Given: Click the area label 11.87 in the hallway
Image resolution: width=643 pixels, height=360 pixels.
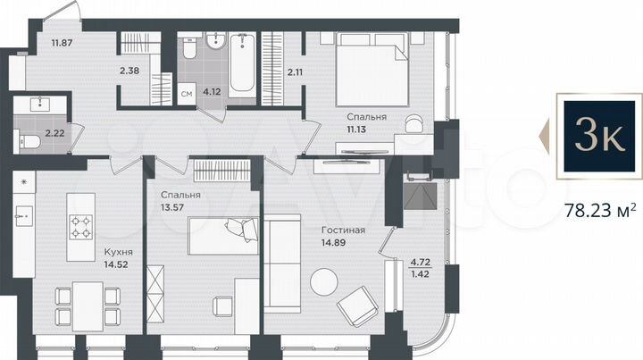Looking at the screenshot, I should pos(62,42).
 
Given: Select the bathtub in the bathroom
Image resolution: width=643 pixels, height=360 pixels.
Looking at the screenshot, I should pos(241,64).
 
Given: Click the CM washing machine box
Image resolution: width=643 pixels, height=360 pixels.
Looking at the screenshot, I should pos(187,93).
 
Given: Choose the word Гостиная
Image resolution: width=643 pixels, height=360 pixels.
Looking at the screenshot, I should pos(344,230).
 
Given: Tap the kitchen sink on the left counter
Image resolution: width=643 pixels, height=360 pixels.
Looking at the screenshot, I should pos(24,214).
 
